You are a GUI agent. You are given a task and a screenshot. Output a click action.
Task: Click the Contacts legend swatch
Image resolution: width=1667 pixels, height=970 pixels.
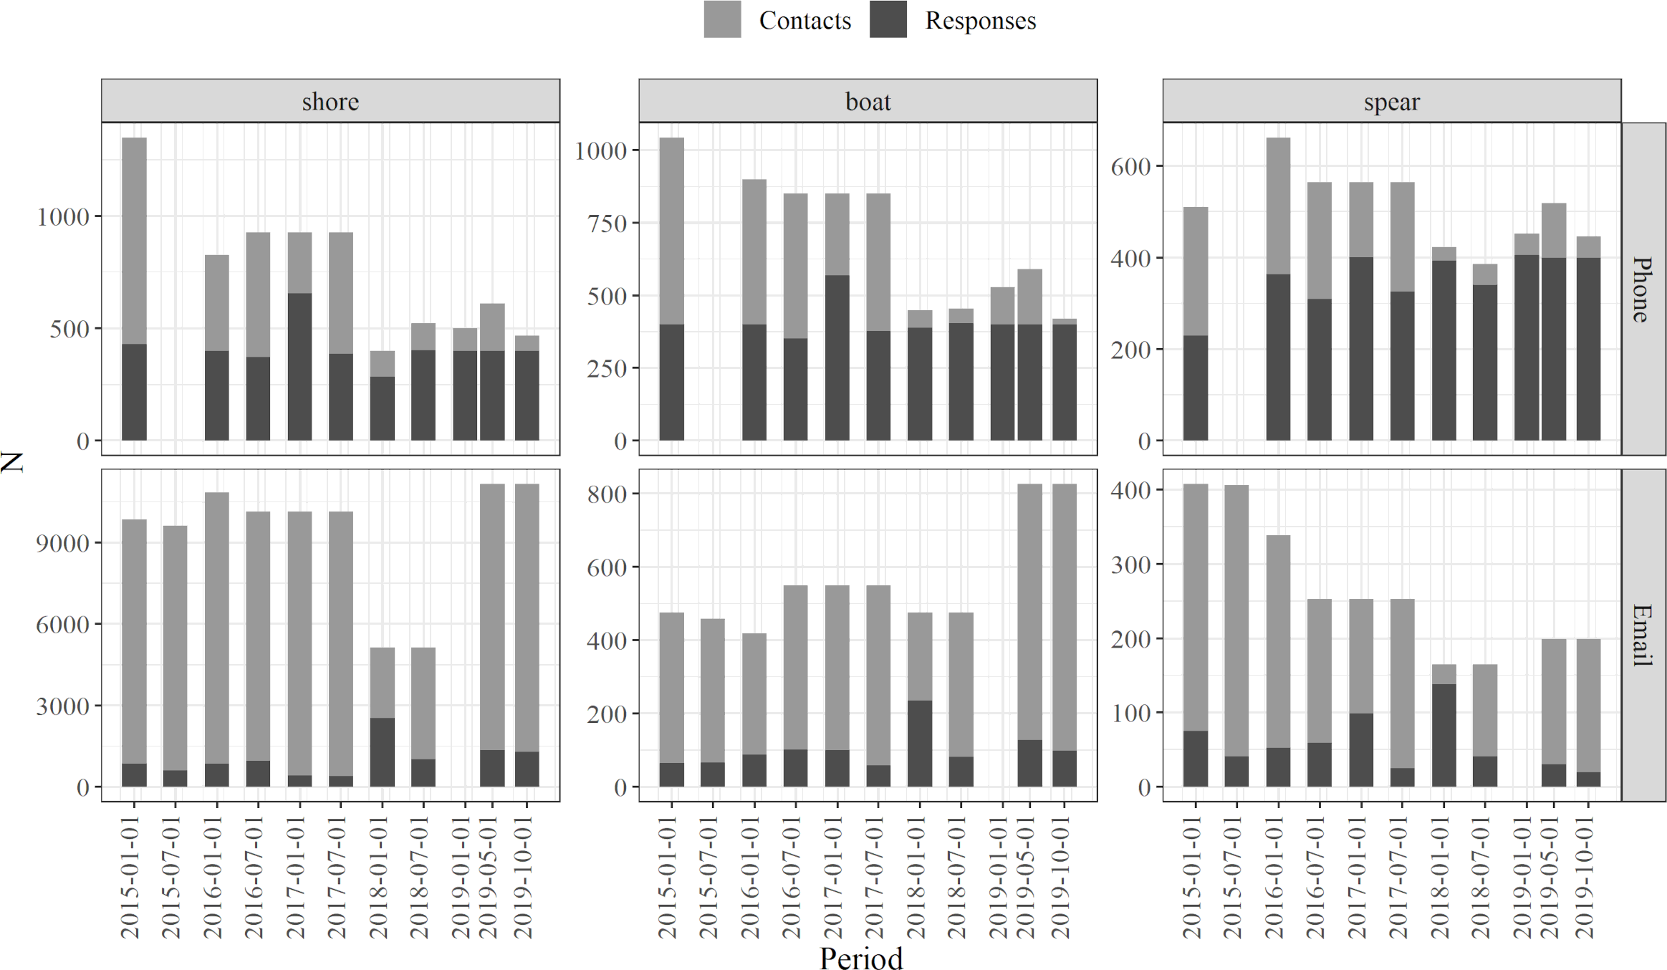click(721, 19)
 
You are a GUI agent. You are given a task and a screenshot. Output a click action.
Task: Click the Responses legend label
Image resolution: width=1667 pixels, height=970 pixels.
click(980, 21)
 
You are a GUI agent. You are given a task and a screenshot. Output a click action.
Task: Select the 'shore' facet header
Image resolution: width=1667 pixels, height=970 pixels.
click(330, 102)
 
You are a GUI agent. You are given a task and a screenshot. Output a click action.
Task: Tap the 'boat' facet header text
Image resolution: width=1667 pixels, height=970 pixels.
click(868, 102)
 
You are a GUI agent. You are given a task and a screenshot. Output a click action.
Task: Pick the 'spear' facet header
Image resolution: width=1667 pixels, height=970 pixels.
click(1391, 102)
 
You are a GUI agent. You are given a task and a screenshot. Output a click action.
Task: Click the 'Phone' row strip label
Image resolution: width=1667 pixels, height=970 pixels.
click(1643, 289)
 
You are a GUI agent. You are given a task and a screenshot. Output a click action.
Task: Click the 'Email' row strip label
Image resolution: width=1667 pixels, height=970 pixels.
click(1643, 635)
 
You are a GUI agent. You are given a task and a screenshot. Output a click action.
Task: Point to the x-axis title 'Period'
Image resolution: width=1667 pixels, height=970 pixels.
click(860, 958)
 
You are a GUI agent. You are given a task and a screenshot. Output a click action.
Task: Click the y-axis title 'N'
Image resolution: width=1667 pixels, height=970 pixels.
click(13, 461)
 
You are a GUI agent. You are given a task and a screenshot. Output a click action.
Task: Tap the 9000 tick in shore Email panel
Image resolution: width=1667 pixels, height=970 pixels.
click(63, 543)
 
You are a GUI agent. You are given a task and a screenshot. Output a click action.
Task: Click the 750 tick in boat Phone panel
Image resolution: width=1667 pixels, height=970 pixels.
click(607, 224)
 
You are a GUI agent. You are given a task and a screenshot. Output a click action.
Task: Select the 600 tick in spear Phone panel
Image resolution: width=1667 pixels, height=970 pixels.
click(1130, 166)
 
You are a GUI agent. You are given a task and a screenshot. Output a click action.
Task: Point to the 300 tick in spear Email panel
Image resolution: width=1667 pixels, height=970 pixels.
click(1130, 565)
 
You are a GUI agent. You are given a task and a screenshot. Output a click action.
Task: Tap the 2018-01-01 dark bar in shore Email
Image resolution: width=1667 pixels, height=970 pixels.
click(382, 751)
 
